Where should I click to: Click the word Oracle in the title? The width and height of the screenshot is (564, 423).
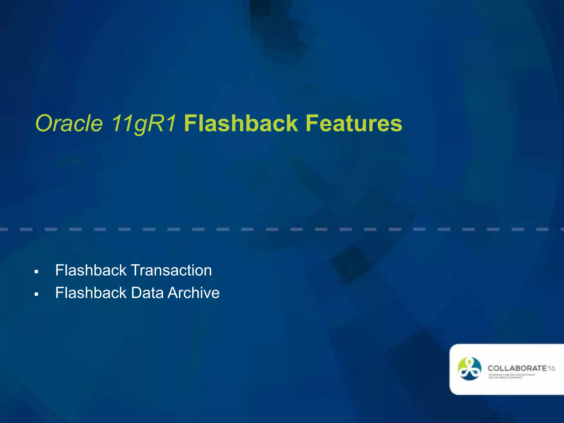click(x=69, y=124)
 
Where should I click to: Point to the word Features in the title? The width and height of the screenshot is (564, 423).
click(x=354, y=124)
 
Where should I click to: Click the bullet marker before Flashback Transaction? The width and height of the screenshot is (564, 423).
click(x=36, y=272)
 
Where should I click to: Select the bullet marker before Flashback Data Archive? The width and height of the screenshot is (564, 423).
click(x=36, y=294)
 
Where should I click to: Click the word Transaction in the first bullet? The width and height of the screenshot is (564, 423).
click(x=171, y=270)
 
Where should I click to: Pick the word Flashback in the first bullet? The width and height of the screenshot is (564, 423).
click(x=91, y=270)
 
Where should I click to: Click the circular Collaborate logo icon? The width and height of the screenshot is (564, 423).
click(x=469, y=369)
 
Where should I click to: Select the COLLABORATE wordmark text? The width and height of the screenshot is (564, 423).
click(x=517, y=368)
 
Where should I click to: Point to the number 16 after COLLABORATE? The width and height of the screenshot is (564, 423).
click(x=551, y=368)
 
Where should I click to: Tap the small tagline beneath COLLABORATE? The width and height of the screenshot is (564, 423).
click(x=511, y=376)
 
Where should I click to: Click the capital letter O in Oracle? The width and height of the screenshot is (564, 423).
click(x=44, y=124)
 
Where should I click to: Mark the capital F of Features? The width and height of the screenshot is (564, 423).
click(x=311, y=124)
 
